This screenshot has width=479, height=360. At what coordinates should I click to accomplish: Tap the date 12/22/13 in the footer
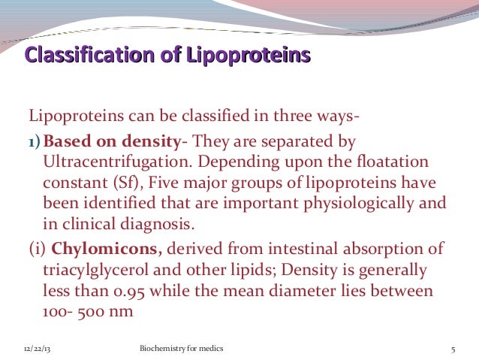coord(32,349)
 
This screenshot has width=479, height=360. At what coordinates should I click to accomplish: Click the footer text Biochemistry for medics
coord(182,349)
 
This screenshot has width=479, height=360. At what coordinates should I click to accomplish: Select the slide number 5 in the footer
coord(454,349)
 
